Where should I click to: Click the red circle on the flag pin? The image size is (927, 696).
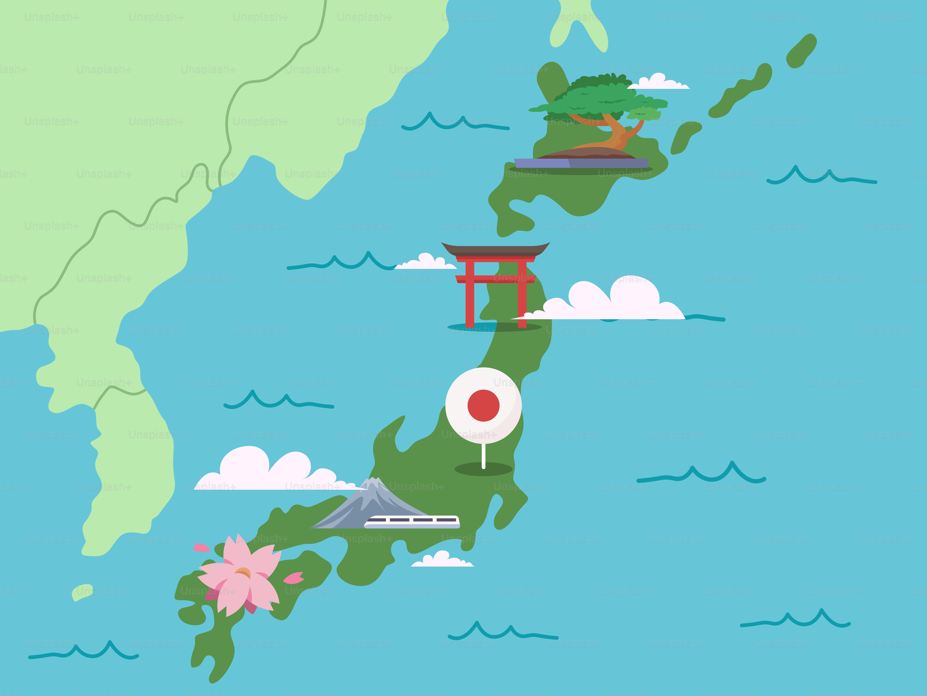tap(483, 405)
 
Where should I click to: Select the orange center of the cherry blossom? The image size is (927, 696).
tap(243, 572)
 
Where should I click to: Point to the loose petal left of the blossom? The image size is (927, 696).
tap(201, 548)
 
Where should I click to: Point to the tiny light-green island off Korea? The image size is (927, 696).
tap(83, 592)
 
